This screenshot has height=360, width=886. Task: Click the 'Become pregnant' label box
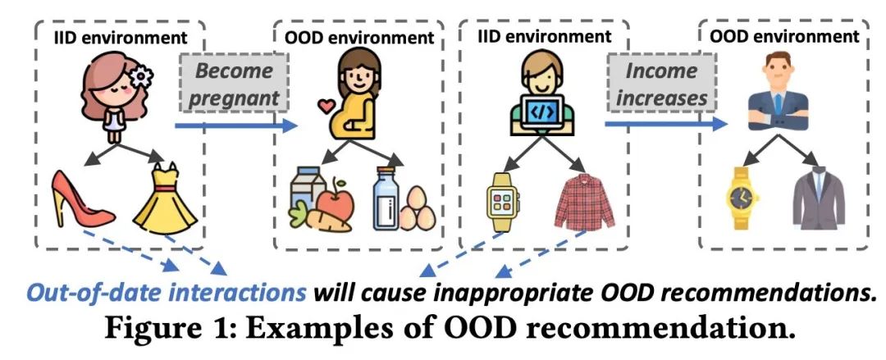(x=233, y=84)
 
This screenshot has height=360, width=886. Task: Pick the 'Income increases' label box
(x=661, y=84)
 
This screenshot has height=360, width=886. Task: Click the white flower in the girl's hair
(x=142, y=76)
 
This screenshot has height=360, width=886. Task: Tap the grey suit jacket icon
(x=817, y=199)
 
